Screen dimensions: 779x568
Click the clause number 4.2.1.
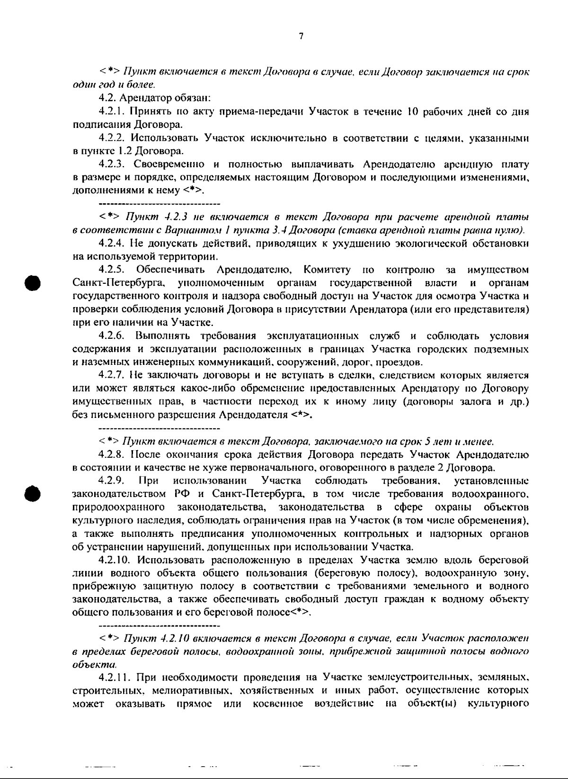113,112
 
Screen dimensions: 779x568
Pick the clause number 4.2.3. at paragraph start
113,164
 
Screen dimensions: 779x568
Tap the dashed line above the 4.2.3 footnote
160,204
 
